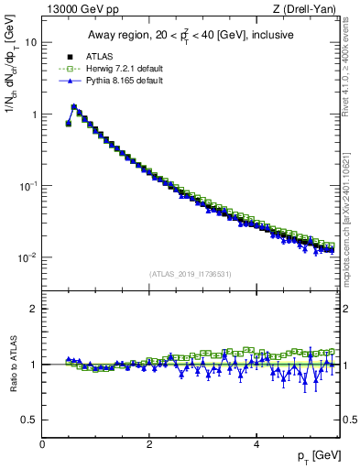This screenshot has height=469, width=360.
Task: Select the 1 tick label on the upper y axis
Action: click(x=33, y=115)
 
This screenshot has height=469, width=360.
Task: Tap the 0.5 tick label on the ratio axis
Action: click(x=30, y=420)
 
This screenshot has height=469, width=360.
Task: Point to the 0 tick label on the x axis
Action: click(x=42, y=444)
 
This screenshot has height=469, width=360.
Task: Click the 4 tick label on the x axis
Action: click(x=256, y=444)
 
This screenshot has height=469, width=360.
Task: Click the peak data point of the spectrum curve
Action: click(x=74, y=106)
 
